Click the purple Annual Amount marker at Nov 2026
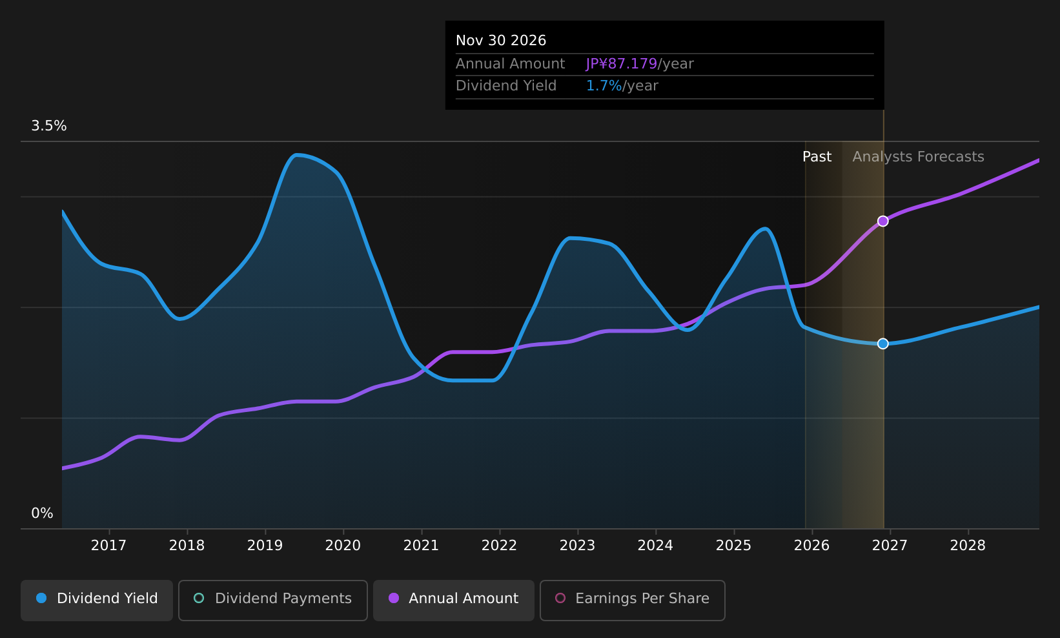(x=883, y=221)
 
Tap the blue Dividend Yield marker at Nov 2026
(x=883, y=344)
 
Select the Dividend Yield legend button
(x=97, y=600)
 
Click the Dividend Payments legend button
(x=273, y=600)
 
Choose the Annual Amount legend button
(x=454, y=600)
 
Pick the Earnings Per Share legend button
(x=633, y=600)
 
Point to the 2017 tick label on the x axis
(x=109, y=546)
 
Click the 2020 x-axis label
(x=343, y=546)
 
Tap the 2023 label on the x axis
(x=577, y=546)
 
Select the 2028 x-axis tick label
(x=968, y=546)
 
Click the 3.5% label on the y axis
(x=49, y=126)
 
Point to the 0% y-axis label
(x=42, y=513)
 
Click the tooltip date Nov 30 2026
(x=501, y=41)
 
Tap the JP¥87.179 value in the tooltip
(x=621, y=64)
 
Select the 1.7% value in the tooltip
(x=604, y=86)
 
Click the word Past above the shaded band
(x=817, y=157)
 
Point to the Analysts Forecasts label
(x=918, y=157)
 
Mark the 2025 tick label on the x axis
(x=733, y=546)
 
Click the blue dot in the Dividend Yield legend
(x=42, y=598)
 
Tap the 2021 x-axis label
(x=421, y=546)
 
